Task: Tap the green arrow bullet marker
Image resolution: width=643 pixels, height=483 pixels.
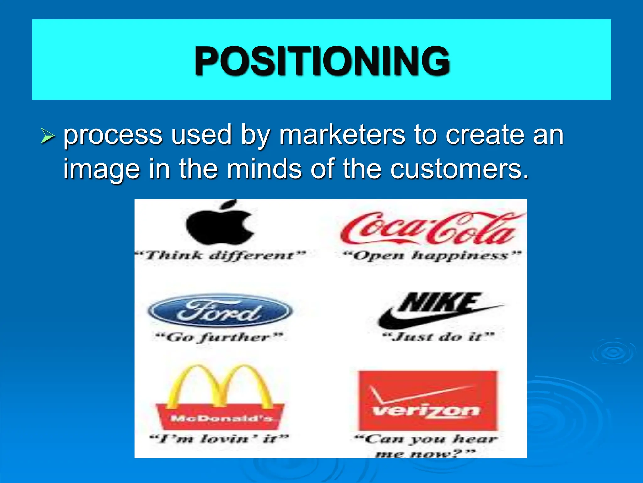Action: tap(48, 136)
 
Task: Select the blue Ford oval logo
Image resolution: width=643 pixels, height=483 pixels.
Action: tap(220, 311)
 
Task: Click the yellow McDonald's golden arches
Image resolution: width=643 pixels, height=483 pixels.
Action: tap(220, 387)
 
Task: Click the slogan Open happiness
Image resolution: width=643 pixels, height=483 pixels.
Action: tap(432, 255)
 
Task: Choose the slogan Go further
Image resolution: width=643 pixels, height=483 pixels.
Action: tap(220, 337)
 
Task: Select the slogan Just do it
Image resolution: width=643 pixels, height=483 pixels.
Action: tap(438, 337)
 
